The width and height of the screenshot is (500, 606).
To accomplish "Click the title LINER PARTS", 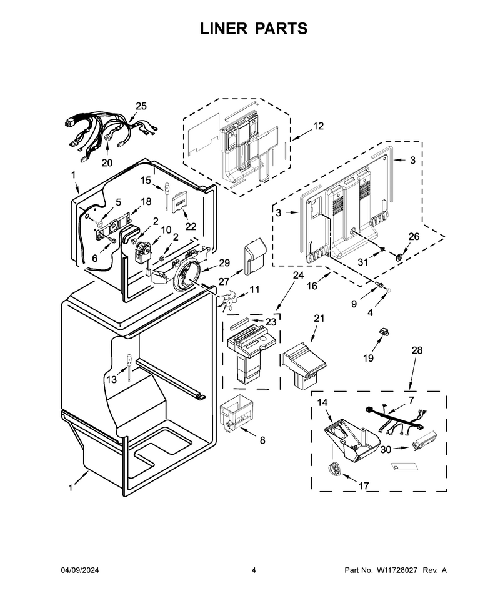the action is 254,29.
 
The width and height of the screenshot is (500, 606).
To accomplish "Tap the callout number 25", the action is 141,106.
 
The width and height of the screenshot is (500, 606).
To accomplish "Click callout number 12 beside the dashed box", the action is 318,126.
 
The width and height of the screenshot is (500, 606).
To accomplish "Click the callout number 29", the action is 224,263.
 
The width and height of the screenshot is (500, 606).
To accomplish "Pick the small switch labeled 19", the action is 385,331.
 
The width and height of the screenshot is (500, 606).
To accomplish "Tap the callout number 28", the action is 417,350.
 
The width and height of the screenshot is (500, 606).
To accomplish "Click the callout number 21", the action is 319,319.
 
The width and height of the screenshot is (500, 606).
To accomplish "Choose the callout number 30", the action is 386,449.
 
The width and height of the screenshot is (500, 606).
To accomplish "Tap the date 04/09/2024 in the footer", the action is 80,570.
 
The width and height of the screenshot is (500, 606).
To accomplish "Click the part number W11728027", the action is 397,570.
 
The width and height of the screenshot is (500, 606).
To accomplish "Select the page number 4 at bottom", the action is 254,570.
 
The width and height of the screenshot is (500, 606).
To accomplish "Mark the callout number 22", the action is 191,227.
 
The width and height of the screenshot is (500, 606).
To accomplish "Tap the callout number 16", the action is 312,286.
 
